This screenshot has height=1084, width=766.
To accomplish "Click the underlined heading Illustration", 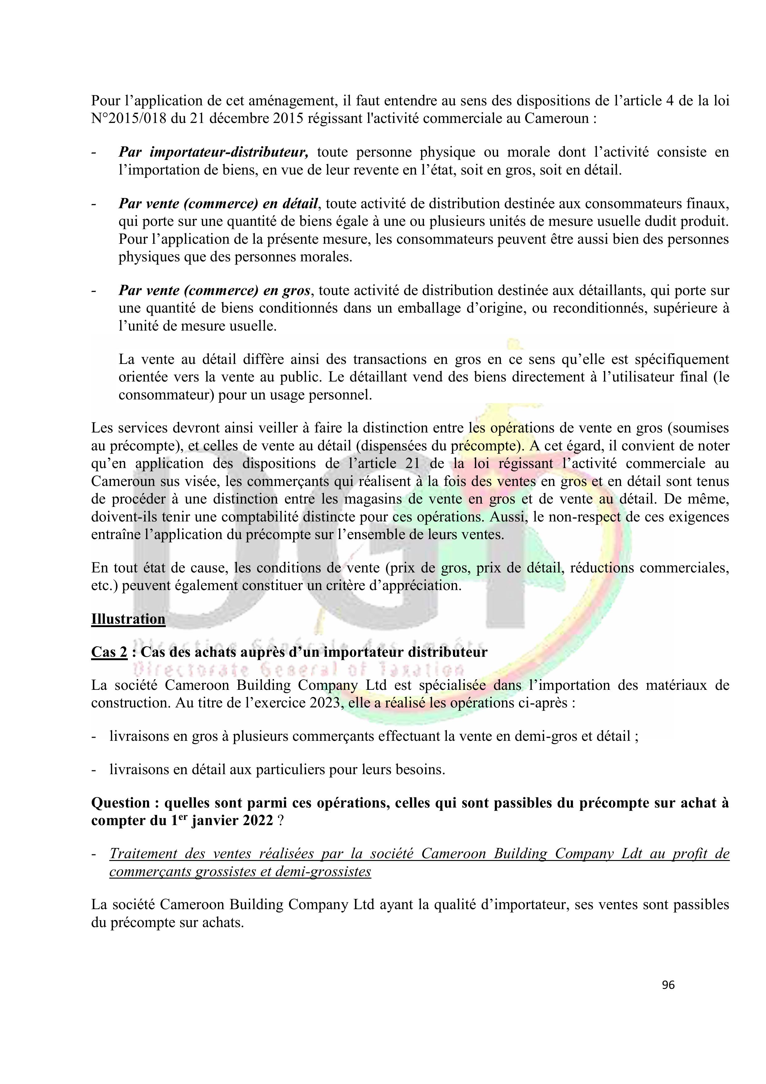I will coord(128,619).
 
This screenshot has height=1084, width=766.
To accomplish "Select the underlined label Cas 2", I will coord(109,652).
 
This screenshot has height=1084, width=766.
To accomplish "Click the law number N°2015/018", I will coord(129,118).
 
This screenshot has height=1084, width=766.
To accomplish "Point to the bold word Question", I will coord(120,803).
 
